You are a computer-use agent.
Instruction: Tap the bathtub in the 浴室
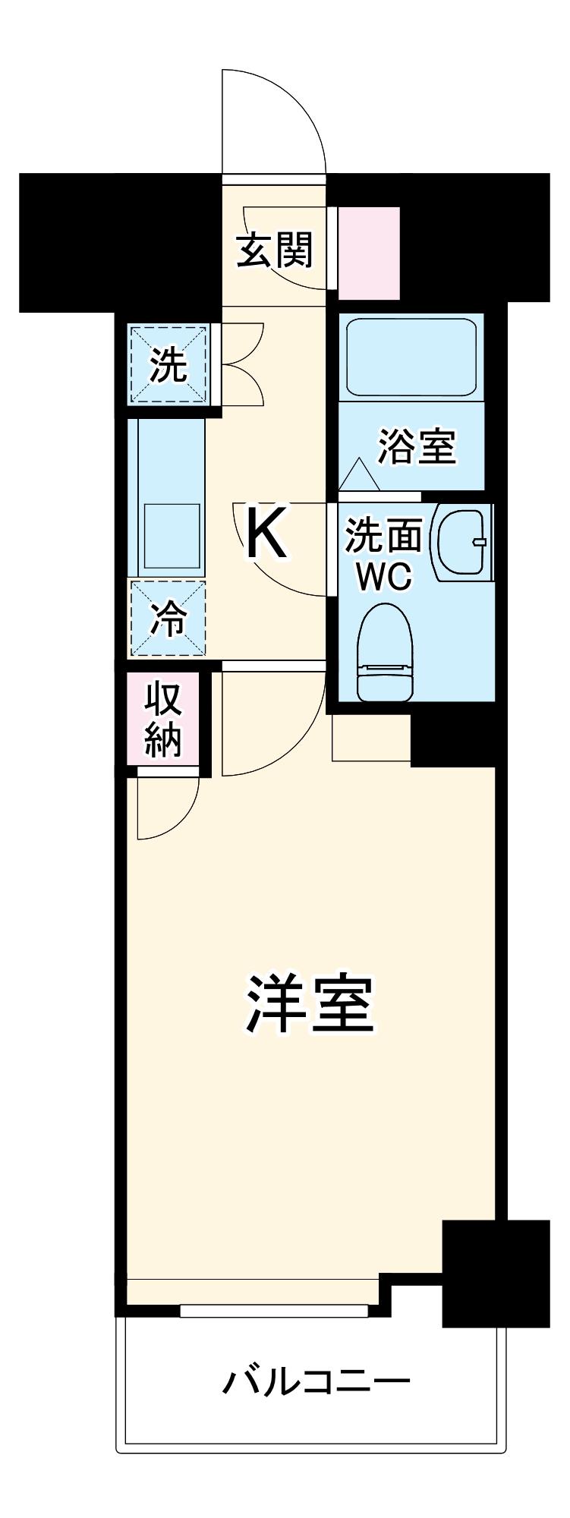pos(411,355)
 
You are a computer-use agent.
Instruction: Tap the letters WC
pos(385,577)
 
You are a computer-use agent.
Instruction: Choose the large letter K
pos(266,533)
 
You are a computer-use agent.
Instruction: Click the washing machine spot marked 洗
pos(168,365)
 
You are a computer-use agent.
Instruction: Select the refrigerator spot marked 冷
pos(168,618)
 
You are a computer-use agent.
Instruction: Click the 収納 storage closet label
pos(164,718)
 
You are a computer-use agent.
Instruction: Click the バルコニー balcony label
pos(316,1381)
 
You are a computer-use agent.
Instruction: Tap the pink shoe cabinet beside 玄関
pos(368,252)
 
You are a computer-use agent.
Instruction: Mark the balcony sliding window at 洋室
pos(274,1311)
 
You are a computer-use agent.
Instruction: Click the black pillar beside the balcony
pos(496,1274)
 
